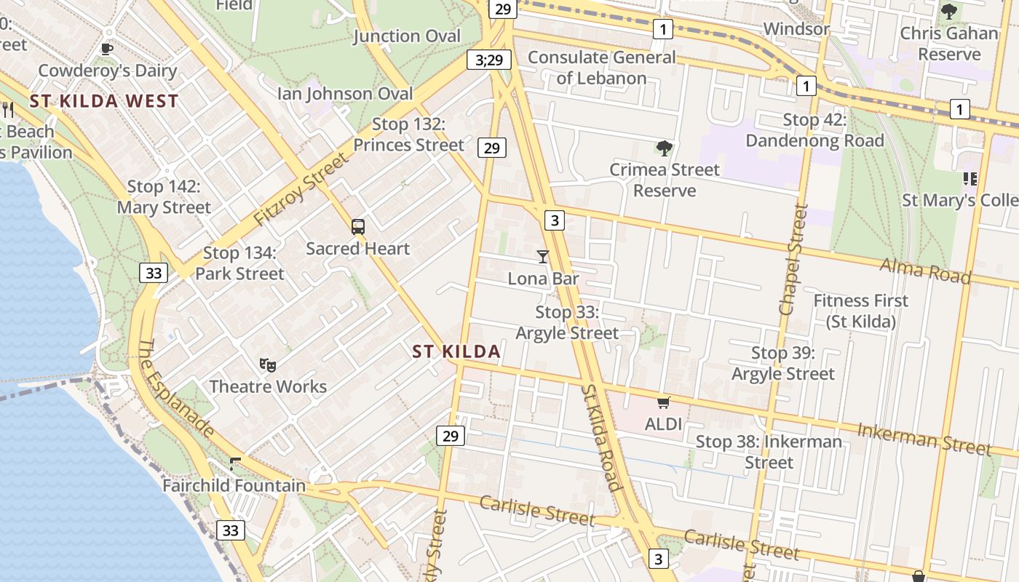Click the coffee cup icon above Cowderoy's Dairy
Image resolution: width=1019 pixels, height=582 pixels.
click(107, 49)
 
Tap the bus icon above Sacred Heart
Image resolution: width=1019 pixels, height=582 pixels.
click(357, 226)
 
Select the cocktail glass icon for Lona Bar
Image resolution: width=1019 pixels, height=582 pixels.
click(543, 256)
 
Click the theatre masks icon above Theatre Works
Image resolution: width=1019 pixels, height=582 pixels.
click(268, 364)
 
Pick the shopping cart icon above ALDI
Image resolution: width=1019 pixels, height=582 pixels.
click(663, 402)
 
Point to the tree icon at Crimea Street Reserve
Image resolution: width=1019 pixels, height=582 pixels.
click(664, 148)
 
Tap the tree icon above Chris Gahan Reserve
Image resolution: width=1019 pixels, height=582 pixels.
click(948, 12)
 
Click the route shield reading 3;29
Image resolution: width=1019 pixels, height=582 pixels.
click(489, 60)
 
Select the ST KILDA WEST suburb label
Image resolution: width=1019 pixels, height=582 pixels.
click(104, 101)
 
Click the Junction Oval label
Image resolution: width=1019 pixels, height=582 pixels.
click(407, 36)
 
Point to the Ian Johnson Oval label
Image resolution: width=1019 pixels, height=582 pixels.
click(345, 94)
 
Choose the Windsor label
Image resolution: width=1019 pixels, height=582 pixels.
click(796, 29)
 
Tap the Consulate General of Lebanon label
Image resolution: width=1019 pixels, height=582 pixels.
click(602, 68)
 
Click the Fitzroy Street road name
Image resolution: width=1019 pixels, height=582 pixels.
click(301, 188)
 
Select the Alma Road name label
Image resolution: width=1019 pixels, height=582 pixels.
click(925, 271)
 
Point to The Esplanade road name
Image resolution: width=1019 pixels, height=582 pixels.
click(175, 389)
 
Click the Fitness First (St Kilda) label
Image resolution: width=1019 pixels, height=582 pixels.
click(861, 311)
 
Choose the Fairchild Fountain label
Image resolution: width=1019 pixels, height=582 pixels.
click(234, 485)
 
